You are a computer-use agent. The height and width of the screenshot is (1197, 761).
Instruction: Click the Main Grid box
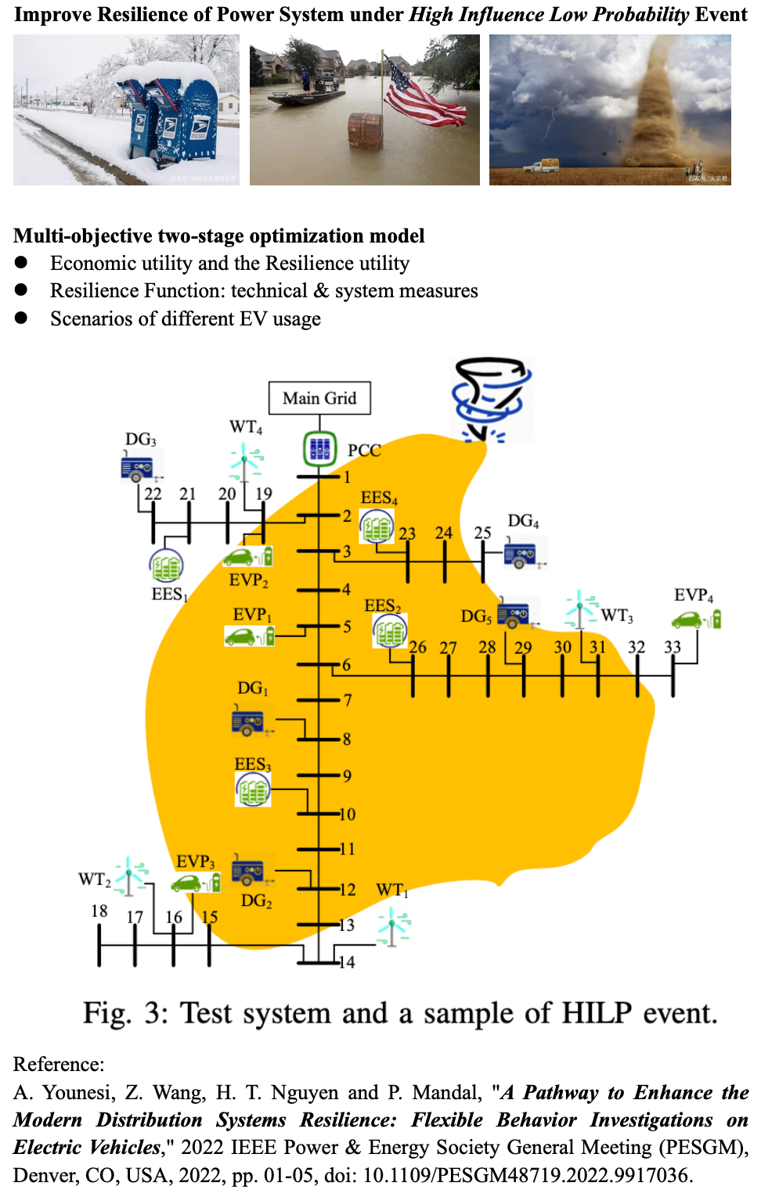tap(319, 398)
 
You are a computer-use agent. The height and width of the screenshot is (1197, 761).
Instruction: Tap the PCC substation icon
tap(319, 449)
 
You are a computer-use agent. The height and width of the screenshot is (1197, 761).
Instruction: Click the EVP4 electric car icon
tap(696, 619)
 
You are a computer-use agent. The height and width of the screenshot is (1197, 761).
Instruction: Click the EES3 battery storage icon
tap(253, 789)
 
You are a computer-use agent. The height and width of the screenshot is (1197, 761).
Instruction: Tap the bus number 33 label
tap(673, 647)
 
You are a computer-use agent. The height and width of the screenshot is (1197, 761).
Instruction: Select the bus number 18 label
tap(99, 911)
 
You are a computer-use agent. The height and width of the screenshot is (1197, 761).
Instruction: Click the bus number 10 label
tap(347, 814)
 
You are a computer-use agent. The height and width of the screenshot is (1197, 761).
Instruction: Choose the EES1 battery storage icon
tap(166, 565)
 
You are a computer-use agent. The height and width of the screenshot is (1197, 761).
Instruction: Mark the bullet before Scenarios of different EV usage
tap(21, 318)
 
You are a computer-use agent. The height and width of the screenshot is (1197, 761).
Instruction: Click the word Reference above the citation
tap(58, 1064)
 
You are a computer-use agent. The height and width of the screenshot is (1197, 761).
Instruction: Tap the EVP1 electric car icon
tap(250, 636)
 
